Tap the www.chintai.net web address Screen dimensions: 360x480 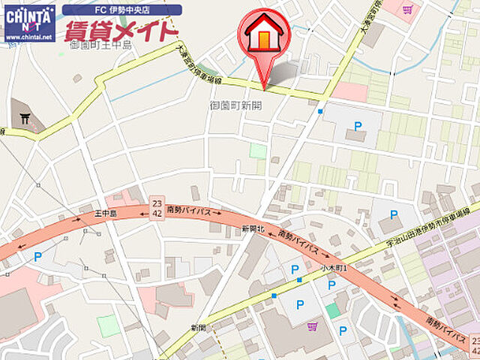tap(29, 35)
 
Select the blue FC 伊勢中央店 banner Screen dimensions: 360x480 tap(121, 10)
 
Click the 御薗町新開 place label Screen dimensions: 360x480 tap(236, 106)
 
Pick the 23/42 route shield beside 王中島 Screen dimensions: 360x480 tap(157, 208)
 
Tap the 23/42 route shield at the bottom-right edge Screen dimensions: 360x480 tap(473, 346)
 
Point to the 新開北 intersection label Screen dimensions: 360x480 tap(253, 228)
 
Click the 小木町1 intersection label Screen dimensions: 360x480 tap(328, 266)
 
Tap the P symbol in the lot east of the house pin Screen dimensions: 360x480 tap(357, 126)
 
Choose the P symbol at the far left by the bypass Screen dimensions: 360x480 tap(37, 256)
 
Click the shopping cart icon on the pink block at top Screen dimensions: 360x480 tap(407, 10)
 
